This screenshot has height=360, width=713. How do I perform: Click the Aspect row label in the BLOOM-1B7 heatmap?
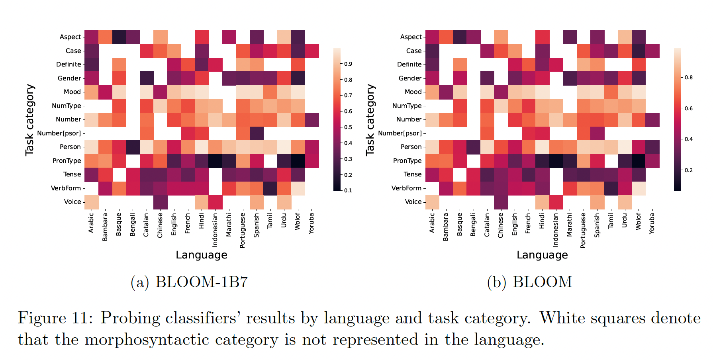[x=70, y=37]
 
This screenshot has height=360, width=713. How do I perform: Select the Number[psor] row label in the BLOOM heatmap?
[x=400, y=133]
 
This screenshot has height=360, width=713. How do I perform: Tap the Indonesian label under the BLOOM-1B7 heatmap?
[x=215, y=230]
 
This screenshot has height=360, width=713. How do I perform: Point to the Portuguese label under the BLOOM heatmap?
[x=583, y=231]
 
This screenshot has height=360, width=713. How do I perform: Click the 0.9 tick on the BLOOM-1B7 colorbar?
[x=348, y=64]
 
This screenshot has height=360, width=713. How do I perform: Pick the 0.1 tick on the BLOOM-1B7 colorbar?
[x=348, y=190]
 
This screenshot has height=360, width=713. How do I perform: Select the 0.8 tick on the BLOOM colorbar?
[x=689, y=78]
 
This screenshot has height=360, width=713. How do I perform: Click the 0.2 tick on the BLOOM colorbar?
[x=689, y=170]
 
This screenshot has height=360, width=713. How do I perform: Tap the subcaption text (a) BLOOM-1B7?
[x=189, y=282]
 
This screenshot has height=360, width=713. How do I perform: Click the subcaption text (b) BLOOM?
[x=529, y=282]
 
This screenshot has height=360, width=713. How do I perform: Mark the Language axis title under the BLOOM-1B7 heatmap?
[x=202, y=255]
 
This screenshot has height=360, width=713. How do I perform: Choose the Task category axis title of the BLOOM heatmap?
[x=370, y=119]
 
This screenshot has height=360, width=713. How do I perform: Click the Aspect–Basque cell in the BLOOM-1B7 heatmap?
[x=119, y=37]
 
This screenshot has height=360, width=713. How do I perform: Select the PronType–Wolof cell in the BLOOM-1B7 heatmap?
[x=298, y=161]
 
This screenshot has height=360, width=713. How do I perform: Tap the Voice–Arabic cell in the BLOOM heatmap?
[x=432, y=202]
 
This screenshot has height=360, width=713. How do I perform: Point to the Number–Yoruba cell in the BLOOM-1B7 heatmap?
[x=311, y=119]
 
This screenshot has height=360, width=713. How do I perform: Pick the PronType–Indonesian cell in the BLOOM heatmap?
[x=556, y=161]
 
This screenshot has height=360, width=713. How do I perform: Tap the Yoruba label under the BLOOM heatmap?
[x=652, y=223]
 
